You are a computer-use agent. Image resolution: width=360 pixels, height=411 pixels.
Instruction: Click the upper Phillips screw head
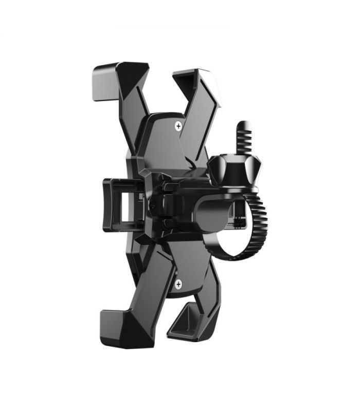[178, 125]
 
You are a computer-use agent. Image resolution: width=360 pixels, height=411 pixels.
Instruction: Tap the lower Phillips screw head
[178, 284]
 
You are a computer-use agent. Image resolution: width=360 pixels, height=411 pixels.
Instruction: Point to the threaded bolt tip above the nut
[244, 136]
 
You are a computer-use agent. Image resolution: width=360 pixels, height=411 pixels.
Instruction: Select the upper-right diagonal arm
[198, 123]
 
